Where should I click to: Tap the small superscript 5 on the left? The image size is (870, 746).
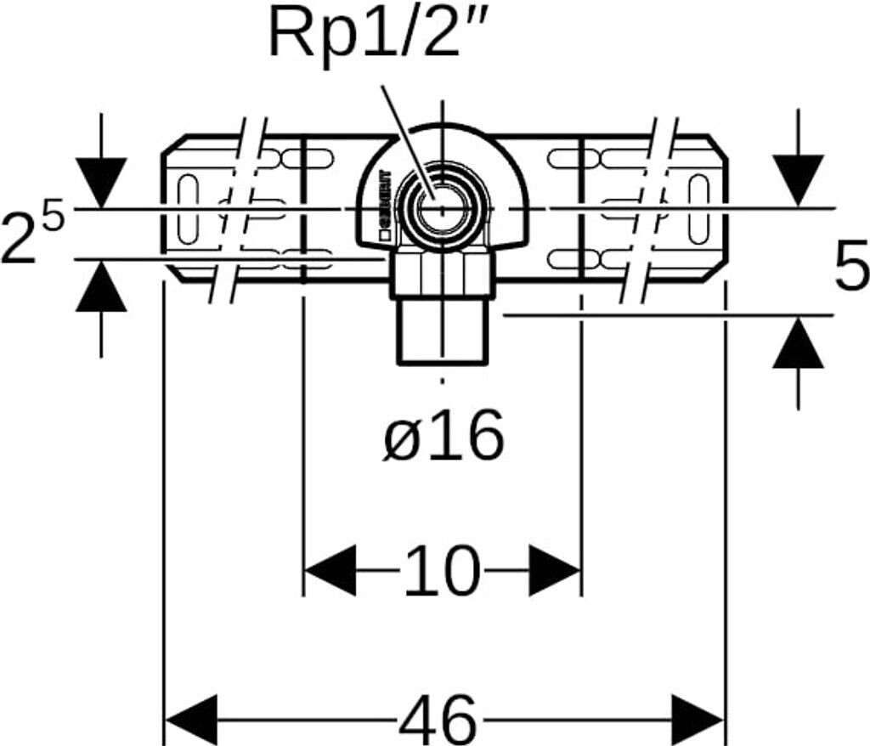click(53, 218)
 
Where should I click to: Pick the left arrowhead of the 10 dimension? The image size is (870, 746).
click(330, 570)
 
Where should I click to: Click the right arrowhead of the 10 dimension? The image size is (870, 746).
click(556, 570)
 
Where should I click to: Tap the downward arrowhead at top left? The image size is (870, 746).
click(101, 182)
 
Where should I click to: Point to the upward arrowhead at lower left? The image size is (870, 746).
click(101, 286)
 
